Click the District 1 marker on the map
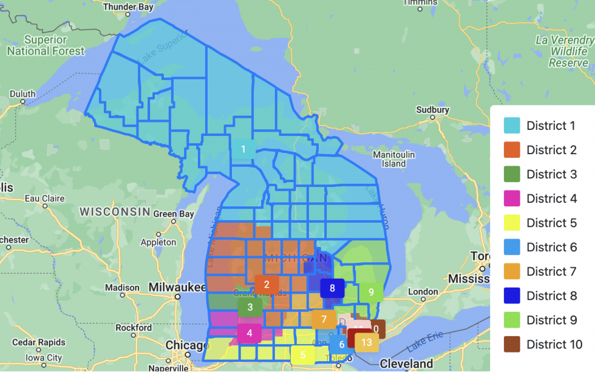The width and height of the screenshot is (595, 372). click(243, 149)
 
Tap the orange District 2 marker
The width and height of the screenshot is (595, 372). click(267, 285)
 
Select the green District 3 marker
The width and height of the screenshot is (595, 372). click(250, 308)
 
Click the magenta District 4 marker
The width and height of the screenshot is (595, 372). click(250, 333)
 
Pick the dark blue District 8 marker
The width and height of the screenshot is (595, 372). click(332, 288)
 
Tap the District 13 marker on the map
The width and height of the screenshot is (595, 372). click(366, 343)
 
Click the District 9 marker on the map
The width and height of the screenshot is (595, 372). click(371, 292)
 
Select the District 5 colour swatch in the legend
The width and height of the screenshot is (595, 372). click(512, 223)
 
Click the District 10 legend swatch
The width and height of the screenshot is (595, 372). click(512, 344)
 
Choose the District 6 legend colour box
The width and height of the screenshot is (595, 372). click(512, 247)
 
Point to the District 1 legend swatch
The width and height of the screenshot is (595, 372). click(512, 126)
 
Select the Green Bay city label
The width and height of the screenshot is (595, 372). click(173, 214)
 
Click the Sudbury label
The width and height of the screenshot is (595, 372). click(432, 110)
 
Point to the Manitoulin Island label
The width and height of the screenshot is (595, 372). click(394, 159)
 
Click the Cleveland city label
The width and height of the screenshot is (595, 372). click(406, 364)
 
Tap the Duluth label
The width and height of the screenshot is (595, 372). click(22, 94)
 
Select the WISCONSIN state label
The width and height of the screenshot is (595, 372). click(115, 212)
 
